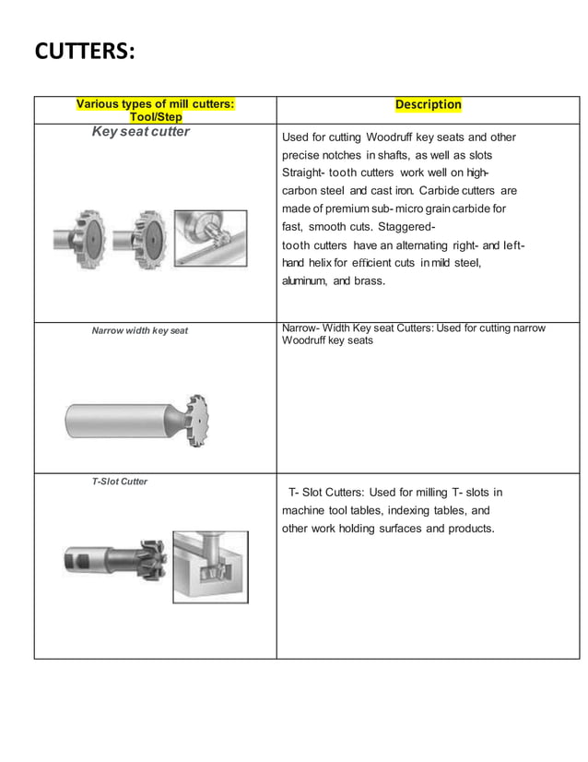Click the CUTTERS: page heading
[85, 51]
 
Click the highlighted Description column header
[428, 104]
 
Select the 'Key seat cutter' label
[141, 132]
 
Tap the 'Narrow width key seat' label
[140, 330]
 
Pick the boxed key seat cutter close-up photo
[211, 239]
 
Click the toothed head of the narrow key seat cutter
[194, 416]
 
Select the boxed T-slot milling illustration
[210, 566]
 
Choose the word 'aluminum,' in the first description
[304, 280]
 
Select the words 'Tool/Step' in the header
[155, 117]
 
